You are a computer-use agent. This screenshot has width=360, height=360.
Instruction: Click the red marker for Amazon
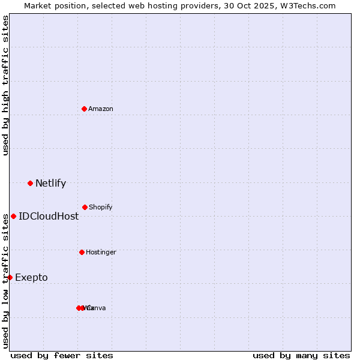point(85,109)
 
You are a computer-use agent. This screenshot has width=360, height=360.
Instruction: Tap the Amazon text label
point(101,109)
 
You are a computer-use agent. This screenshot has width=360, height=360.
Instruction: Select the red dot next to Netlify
point(30,183)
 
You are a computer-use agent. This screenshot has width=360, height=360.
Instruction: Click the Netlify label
point(50,184)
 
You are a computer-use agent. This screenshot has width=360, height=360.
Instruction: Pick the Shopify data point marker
point(85,207)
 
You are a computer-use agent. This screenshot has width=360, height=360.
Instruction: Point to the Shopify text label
point(101,208)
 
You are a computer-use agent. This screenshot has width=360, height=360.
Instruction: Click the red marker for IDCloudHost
point(13,216)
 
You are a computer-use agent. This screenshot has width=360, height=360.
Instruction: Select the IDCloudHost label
point(49,217)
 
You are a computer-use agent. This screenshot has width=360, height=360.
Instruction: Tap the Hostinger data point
point(82,252)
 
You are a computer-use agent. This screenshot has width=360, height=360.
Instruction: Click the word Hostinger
point(101,253)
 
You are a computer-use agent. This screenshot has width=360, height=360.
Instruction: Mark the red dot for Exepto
point(10,277)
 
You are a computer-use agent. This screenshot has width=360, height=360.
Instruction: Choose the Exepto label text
point(31,278)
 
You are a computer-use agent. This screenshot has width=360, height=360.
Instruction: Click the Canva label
point(97,308)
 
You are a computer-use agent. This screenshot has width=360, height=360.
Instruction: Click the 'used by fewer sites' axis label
point(62,355)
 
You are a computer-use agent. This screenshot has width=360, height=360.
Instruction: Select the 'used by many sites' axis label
point(301,355)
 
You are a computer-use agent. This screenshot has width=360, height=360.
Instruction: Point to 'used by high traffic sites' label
point(6,85)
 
